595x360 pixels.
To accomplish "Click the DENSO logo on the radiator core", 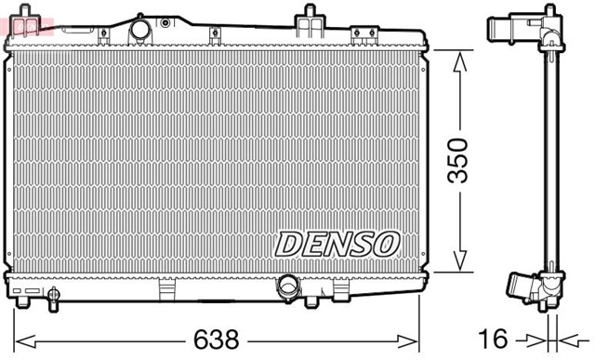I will [x=337, y=244].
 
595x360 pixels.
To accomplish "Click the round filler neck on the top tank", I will [x=140, y=30].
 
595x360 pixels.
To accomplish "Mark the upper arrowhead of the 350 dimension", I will [x=458, y=59].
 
